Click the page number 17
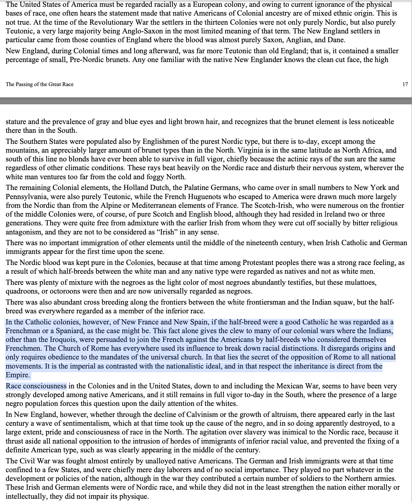[x=405, y=84]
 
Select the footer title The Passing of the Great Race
[x=40, y=84]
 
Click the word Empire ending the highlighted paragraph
[x=17, y=375]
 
